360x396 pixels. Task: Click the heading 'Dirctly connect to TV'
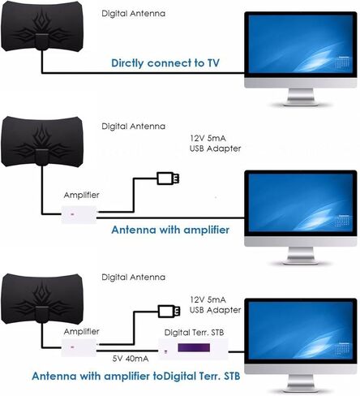click(165, 63)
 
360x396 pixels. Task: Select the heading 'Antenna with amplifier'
click(170, 230)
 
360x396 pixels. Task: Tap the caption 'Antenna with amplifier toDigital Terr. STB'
click(136, 377)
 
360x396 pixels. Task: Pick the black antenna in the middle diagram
click(42, 141)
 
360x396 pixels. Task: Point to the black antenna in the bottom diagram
click(42, 299)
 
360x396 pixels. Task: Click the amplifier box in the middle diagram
click(79, 214)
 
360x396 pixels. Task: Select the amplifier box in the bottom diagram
click(79, 347)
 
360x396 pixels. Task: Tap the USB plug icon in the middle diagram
click(169, 179)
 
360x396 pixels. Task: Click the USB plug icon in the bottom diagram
click(169, 312)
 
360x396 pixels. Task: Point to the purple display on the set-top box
click(194, 347)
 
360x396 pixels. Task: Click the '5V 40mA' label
click(131, 359)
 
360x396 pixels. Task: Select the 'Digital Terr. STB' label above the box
click(194, 333)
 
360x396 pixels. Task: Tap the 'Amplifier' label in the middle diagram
click(81, 195)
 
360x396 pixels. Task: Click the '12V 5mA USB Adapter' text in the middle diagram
click(215, 144)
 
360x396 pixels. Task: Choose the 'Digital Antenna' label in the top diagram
click(133, 14)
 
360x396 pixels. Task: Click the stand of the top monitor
click(301, 97)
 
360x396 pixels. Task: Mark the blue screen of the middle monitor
click(301, 203)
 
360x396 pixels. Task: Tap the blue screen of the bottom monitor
click(301, 331)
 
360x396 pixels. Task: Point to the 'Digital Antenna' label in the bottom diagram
click(133, 278)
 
